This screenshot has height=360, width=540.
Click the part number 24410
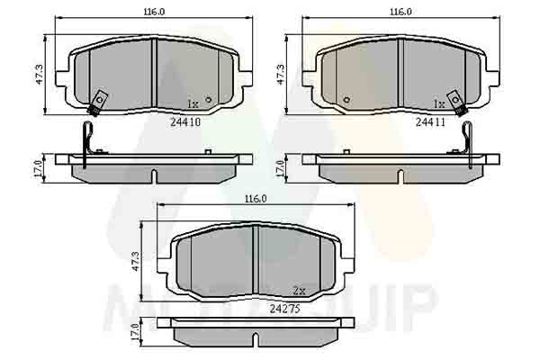click(185, 121)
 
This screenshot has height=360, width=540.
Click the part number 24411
click(430, 121)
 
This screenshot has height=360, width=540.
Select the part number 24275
click(284, 309)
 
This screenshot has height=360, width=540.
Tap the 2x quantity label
click(300, 291)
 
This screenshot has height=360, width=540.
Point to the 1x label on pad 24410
click(193, 103)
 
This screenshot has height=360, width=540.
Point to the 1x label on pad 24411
click(439, 103)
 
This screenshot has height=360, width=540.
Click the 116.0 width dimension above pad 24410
click(154, 12)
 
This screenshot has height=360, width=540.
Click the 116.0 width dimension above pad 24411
click(400, 12)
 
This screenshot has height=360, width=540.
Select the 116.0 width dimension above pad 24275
click(256, 199)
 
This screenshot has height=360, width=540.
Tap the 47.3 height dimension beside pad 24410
click(39, 75)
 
